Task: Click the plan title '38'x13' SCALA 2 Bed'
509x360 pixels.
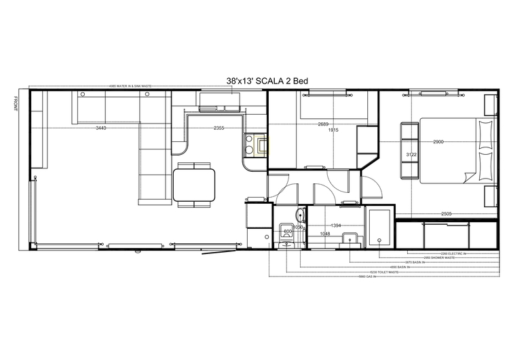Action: click(267, 81)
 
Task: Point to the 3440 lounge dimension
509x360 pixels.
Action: click(101, 128)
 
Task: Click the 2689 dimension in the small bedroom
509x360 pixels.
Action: click(323, 124)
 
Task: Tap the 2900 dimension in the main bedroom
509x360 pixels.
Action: click(438, 141)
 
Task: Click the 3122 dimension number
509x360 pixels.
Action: click(411, 155)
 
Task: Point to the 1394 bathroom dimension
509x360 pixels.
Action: click(335, 225)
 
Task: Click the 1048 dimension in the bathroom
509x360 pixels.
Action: click(325, 233)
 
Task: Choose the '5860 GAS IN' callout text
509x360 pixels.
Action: click(367, 276)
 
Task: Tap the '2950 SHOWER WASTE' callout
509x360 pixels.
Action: click(436, 257)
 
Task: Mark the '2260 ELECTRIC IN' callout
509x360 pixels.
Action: click(453, 253)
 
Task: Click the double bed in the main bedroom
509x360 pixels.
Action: click(453, 150)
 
